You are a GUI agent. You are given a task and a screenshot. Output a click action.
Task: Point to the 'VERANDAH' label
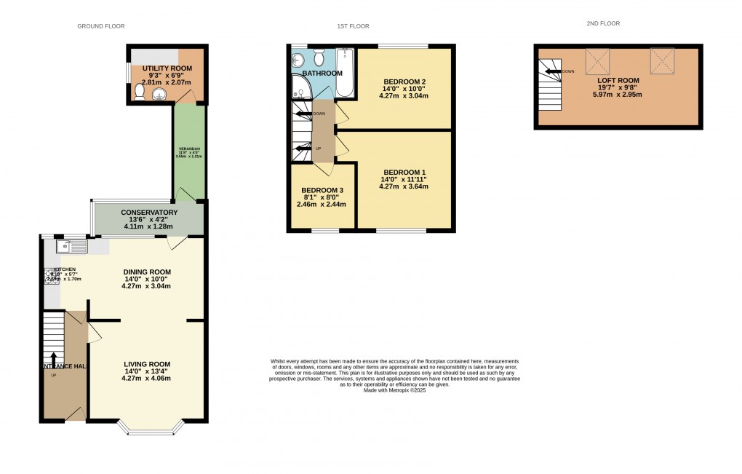pyautogui.click(x=188, y=154)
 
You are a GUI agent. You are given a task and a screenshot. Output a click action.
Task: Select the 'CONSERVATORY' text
pyautogui.click(x=149, y=212)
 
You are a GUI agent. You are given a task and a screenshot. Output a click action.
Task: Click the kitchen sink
pyautogui.click(x=76, y=247)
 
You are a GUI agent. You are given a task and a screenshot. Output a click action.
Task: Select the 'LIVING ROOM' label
pyautogui.click(x=146, y=364)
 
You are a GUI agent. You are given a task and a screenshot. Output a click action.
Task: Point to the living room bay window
pyautogui.click(x=152, y=431)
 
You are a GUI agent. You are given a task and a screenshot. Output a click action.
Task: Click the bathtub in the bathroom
pyautogui.click(x=345, y=74)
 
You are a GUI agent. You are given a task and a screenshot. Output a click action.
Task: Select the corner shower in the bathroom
pyautogui.click(x=301, y=87)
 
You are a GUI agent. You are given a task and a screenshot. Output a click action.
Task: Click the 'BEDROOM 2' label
pyautogui.click(x=404, y=81)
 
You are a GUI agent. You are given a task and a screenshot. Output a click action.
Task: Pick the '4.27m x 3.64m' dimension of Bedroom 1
pyautogui.click(x=404, y=186)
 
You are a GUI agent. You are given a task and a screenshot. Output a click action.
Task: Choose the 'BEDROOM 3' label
pyautogui.click(x=323, y=190)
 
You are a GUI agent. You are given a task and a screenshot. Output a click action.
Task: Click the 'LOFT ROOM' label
pyautogui.click(x=618, y=80)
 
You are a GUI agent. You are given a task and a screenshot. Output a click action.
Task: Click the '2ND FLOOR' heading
pyautogui.click(x=603, y=23)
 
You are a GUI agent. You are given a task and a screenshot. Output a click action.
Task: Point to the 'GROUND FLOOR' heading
pyautogui.click(x=101, y=26)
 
